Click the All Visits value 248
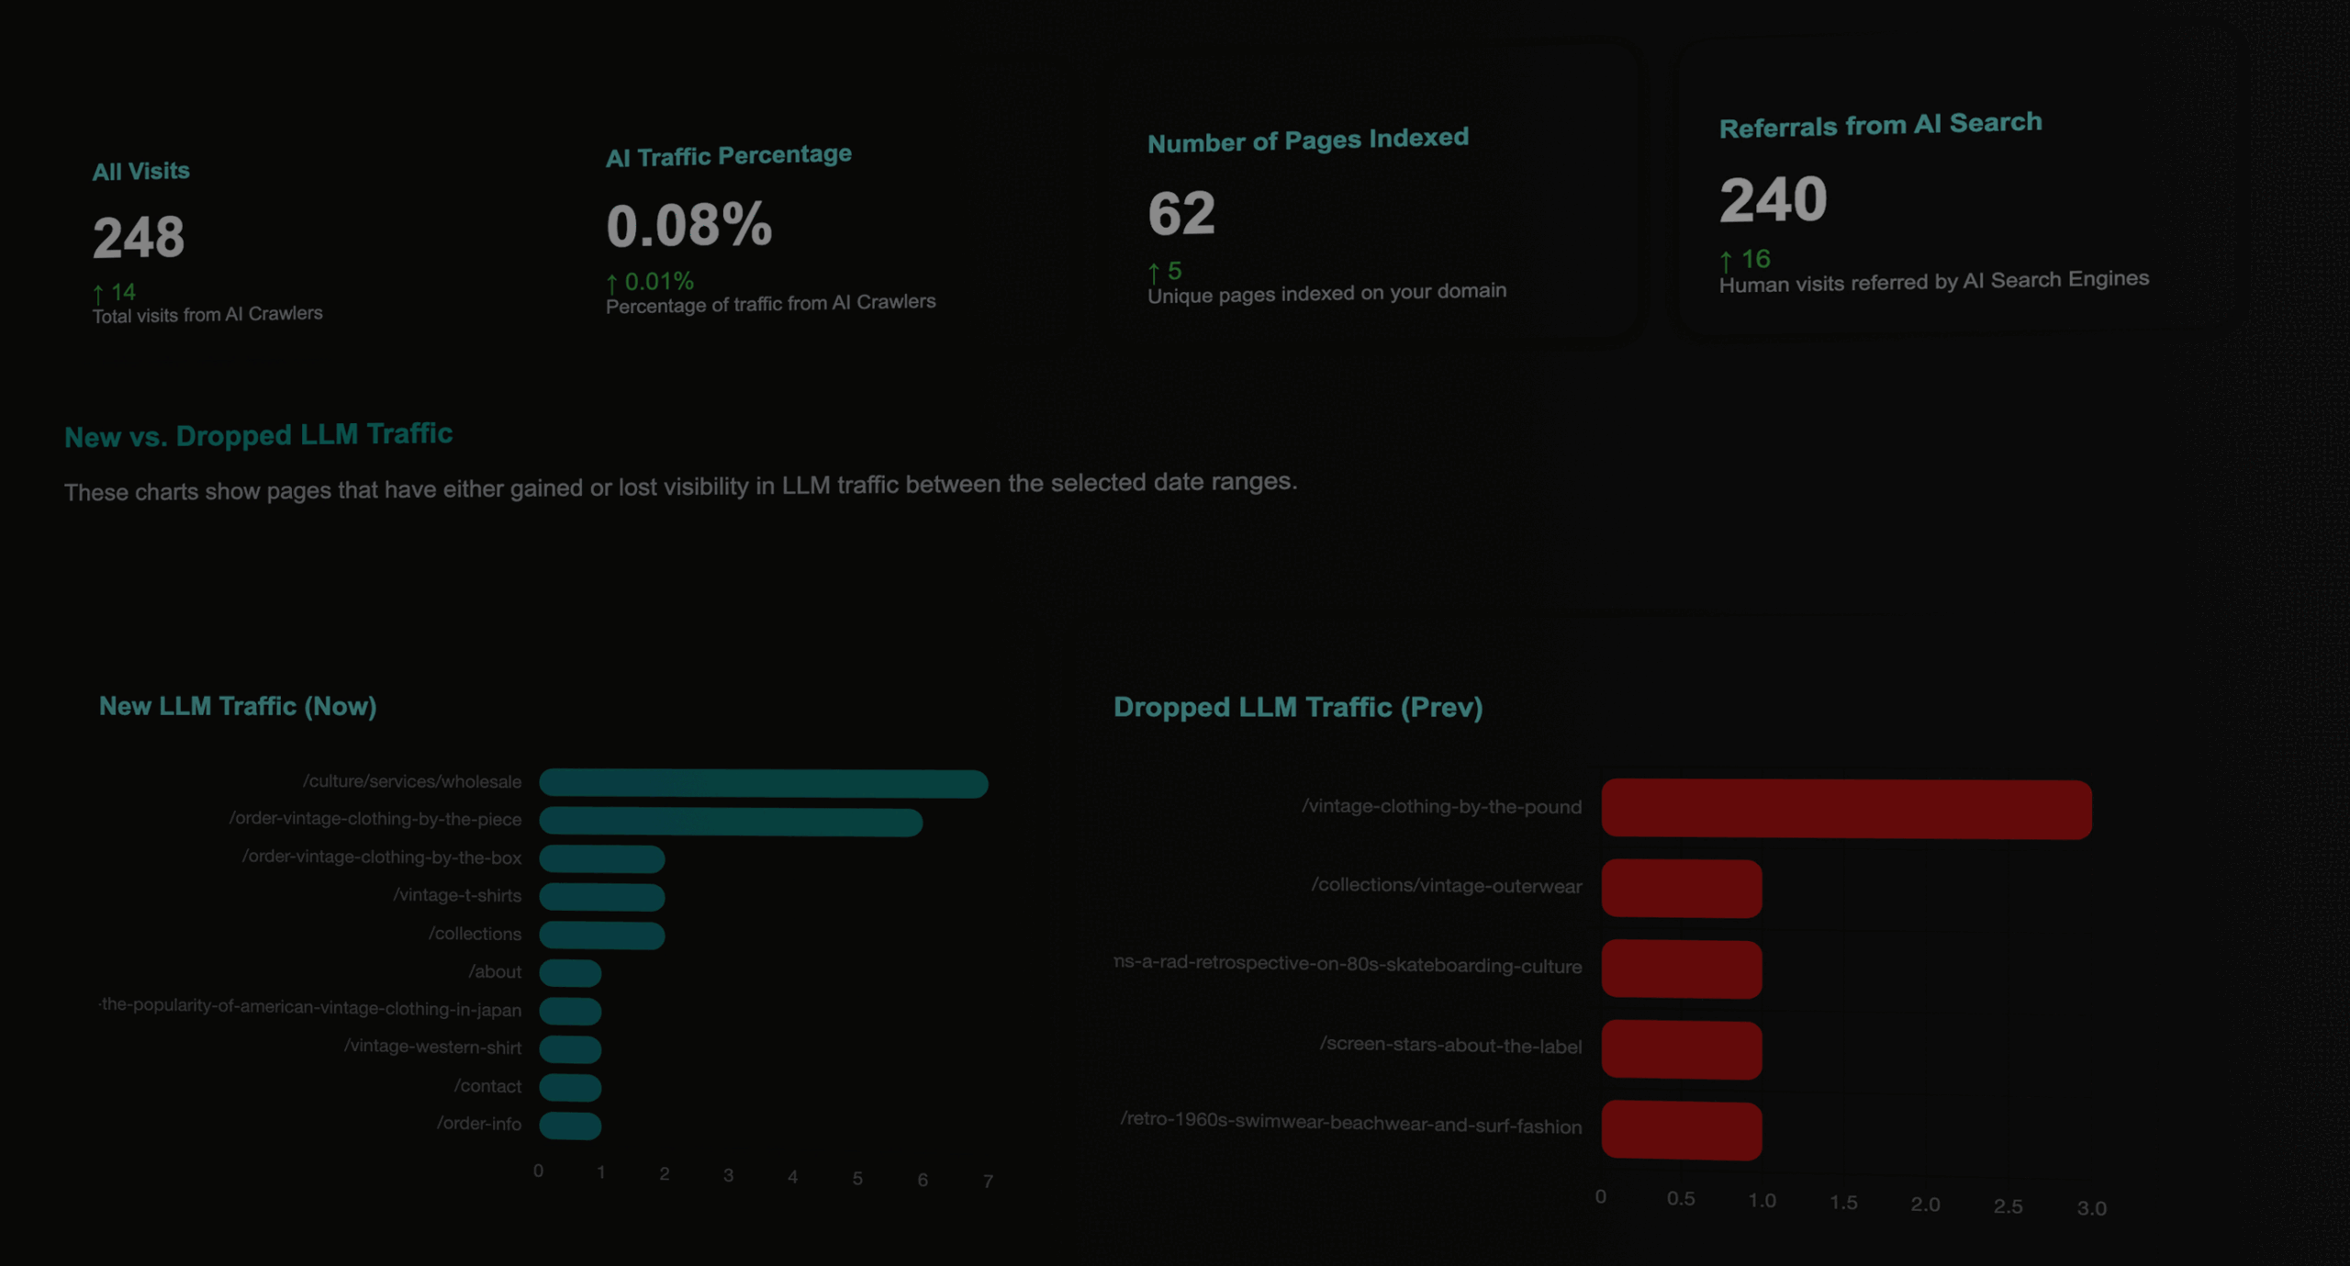[x=139, y=237]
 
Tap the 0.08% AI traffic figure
[x=688, y=225]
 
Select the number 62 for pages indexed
[x=1181, y=213]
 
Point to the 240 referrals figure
[x=1773, y=199]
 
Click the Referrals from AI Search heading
[x=1880, y=125]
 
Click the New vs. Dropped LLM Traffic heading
[x=258, y=435]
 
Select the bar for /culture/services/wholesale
[x=763, y=783]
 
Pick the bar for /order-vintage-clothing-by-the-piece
[x=731, y=822]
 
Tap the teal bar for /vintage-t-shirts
[x=601, y=897]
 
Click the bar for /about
[x=570, y=973]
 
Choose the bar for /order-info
[x=570, y=1126]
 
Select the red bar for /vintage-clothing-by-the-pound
[x=1846, y=809]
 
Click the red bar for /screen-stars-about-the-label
[x=1681, y=1049]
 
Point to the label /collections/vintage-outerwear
[x=1446, y=886]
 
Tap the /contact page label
[x=487, y=1086]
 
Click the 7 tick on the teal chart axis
[x=988, y=1181]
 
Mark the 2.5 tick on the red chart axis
[x=2008, y=1206]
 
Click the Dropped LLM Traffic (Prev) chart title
[x=1298, y=707]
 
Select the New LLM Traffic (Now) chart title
[x=238, y=706]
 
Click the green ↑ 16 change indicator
[x=1745, y=260]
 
